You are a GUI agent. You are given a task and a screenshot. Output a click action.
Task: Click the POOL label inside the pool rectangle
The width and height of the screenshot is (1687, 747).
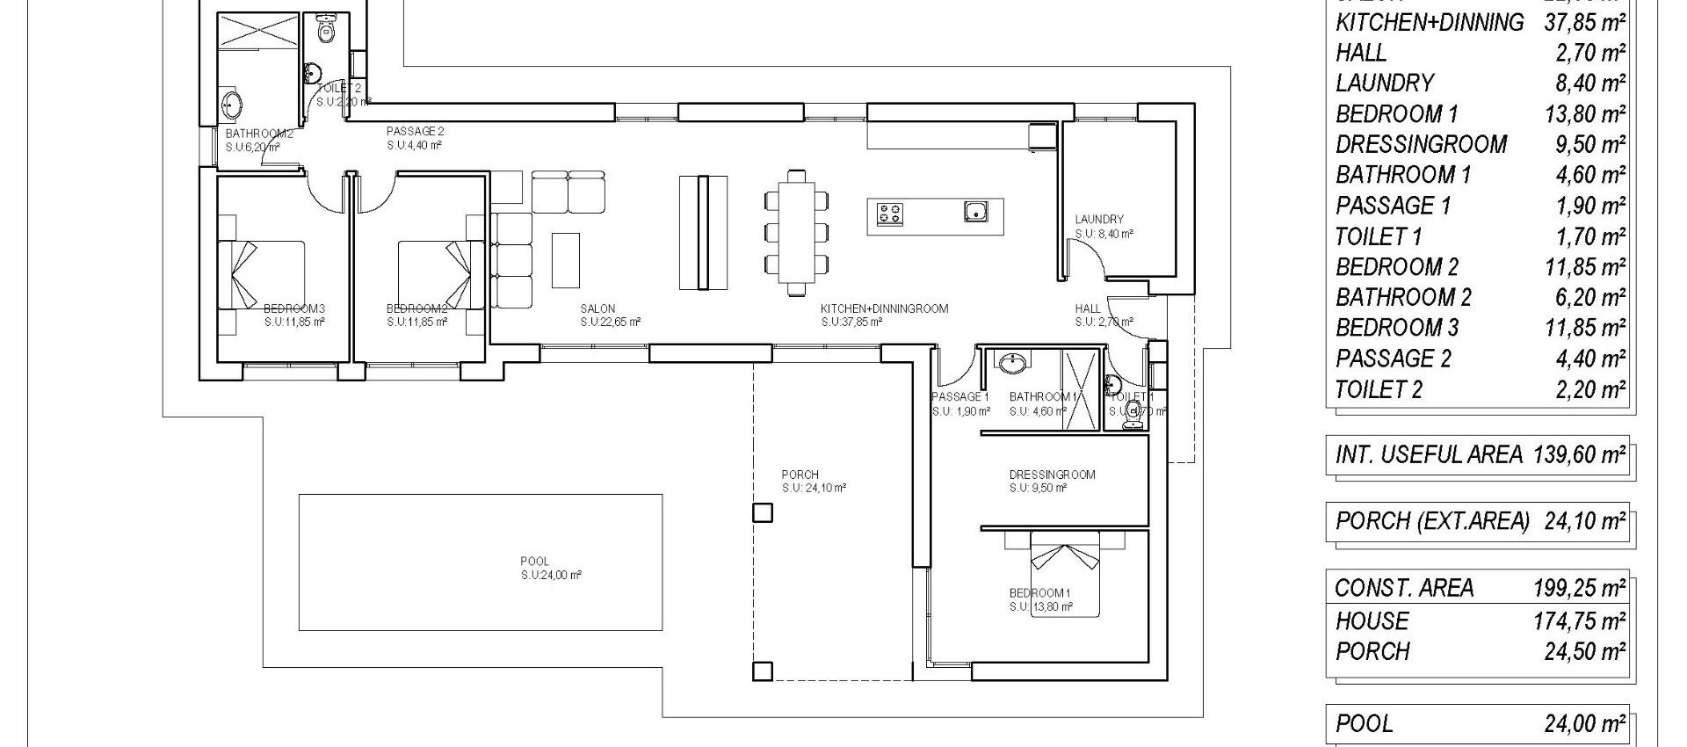point(534,561)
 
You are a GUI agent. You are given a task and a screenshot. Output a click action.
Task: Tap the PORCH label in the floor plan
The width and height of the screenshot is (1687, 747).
point(800,475)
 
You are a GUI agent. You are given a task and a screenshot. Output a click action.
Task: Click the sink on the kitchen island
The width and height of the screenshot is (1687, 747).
point(975,211)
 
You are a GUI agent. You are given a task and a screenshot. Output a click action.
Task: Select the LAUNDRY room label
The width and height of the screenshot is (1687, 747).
point(1098,219)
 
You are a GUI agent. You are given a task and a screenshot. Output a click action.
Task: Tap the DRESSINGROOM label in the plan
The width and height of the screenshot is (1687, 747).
point(1052,475)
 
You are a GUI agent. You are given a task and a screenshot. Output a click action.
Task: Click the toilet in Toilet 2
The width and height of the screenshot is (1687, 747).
point(327,32)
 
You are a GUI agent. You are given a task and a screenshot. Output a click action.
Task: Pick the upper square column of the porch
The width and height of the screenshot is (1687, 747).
point(763,512)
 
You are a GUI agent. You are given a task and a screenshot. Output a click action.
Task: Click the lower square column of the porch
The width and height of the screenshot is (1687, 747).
point(763,671)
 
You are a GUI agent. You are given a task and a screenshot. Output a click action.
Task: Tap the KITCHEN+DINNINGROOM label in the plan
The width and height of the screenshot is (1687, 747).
point(884,308)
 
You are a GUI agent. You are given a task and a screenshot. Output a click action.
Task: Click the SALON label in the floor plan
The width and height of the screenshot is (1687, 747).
point(597,308)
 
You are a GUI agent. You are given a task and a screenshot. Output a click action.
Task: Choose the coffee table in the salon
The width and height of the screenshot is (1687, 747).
point(566,260)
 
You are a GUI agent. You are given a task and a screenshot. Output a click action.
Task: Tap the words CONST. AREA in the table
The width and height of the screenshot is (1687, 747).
point(1404,588)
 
